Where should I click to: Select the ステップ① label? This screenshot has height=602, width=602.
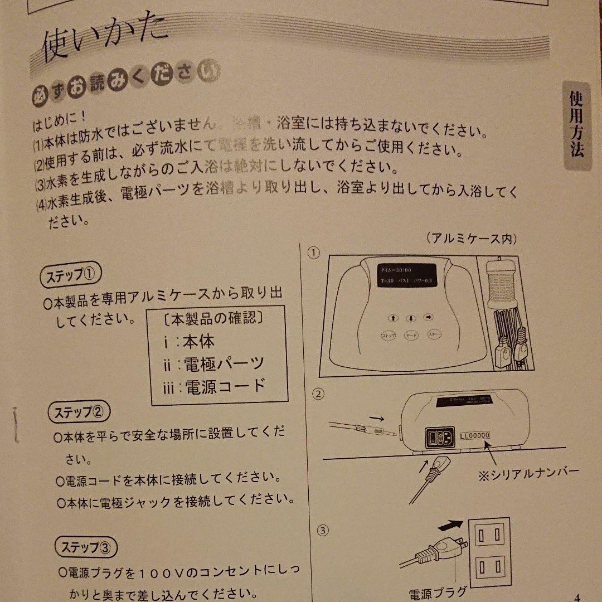coord(71,276)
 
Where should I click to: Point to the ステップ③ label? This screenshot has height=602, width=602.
coord(86,546)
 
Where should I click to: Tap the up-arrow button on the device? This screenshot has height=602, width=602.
coord(392,318)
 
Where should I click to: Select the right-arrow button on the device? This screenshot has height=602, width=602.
coord(429,317)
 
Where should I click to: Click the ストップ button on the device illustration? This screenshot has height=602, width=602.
coord(389,336)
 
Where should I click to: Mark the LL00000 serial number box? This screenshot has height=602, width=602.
coord(475,435)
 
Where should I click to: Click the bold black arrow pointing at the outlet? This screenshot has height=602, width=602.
coord(451,525)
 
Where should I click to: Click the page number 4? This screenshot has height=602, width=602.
coord(577,596)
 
